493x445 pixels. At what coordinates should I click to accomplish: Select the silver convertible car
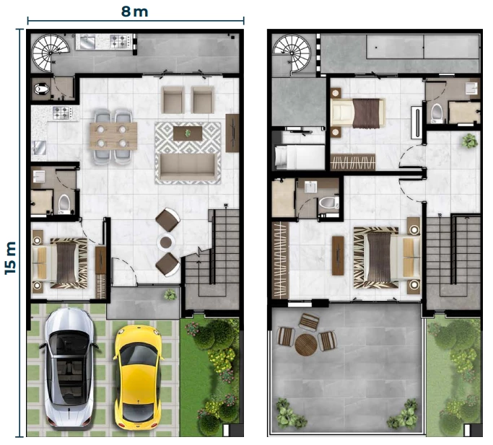tap(69, 367)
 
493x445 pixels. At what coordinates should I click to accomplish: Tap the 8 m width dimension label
tap(134, 12)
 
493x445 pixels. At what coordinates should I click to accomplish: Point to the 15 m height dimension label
tap(10, 257)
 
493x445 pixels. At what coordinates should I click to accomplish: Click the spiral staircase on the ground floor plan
tap(51, 53)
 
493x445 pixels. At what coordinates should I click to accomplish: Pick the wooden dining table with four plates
tap(113, 136)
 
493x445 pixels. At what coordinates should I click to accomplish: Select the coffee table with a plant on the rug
tap(188, 133)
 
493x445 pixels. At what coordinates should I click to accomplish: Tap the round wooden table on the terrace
tap(306, 345)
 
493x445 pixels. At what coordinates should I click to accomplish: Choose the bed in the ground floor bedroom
tap(60, 263)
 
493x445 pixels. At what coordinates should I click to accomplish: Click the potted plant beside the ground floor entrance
tap(170, 294)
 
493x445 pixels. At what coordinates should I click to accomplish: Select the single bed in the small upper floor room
tap(300, 157)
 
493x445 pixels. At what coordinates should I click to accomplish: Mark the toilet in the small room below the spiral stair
tap(41, 89)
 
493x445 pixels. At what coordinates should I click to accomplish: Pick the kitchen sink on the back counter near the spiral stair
tap(87, 42)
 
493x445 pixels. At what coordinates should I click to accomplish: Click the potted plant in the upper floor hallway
tap(469, 141)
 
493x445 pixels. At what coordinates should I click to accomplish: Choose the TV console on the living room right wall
tap(232, 133)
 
